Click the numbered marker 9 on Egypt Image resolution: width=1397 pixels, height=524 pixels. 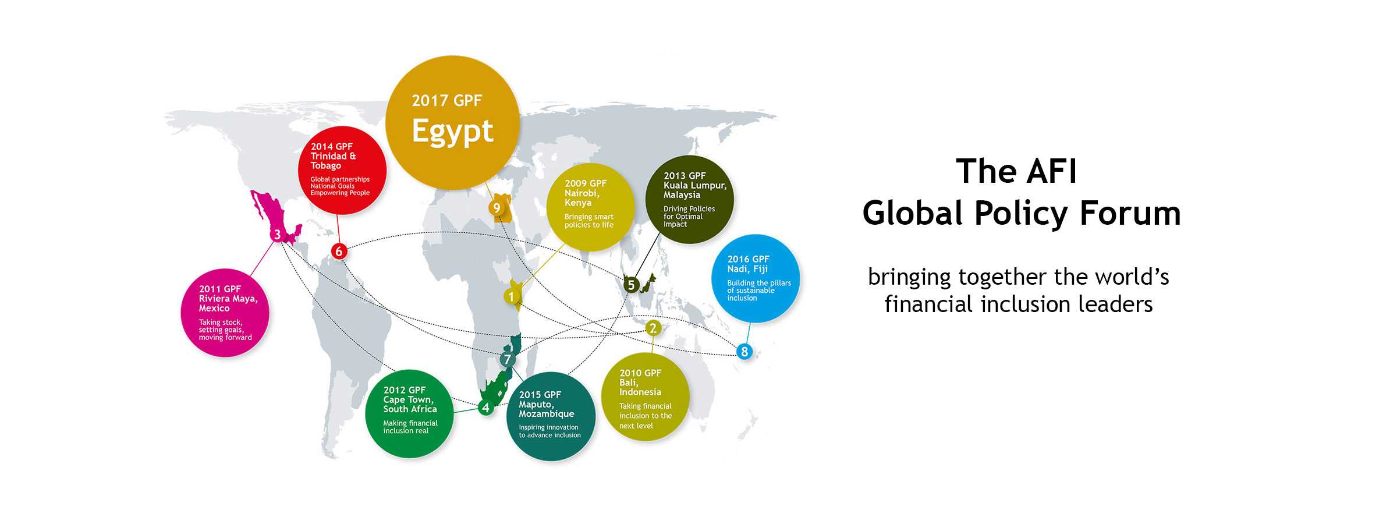[x=497, y=208]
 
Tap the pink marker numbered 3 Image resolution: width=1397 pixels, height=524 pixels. [x=277, y=235]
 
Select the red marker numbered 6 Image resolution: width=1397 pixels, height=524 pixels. [x=339, y=252]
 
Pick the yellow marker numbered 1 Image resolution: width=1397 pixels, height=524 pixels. [x=511, y=296]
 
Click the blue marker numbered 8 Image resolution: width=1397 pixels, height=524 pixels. [x=744, y=352]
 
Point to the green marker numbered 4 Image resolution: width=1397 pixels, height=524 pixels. [x=485, y=408]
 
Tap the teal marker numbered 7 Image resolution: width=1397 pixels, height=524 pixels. [x=508, y=359]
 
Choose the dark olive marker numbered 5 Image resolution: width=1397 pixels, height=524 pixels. [x=631, y=285]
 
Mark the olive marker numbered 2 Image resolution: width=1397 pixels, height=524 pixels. [x=653, y=328]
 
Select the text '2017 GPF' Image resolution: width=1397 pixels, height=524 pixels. [x=447, y=101]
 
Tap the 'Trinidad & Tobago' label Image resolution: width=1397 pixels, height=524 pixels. [x=333, y=161]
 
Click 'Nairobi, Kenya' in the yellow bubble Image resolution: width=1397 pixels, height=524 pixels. [x=582, y=198]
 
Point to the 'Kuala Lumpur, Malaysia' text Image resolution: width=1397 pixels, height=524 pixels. [x=695, y=190]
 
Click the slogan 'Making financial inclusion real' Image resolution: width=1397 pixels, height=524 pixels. [x=410, y=427]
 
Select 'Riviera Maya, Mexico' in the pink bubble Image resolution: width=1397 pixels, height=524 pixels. [x=228, y=303]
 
